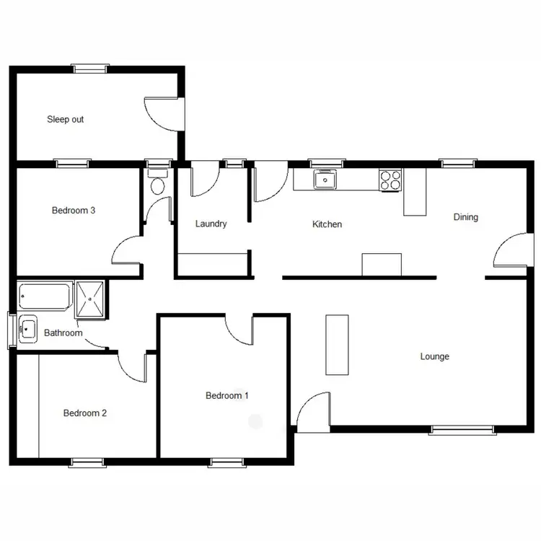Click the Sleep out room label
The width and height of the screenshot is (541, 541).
click(66, 119)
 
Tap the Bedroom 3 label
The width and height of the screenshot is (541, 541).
click(74, 211)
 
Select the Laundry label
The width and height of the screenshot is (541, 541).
click(211, 224)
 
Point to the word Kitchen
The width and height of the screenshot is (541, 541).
click(327, 224)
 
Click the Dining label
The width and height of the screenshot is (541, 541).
click(465, 216)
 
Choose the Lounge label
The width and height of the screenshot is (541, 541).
click(435, 356)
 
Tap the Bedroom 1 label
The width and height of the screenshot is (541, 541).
click(227, 395)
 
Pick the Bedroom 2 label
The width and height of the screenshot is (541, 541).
click(85, 413)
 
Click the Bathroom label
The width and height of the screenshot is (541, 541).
click(63, 333)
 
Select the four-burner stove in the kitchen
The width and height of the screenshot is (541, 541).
click(390, 180)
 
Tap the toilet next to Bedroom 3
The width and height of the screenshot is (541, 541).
click(157, 183)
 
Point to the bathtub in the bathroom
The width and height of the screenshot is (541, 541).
click(45, 295)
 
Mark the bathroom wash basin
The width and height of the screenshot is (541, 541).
click(28, 330)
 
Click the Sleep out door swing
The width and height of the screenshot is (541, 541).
click(160, 114)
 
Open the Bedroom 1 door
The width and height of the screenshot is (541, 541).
click(238, 330)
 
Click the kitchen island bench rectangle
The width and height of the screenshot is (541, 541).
click(382, 264)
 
